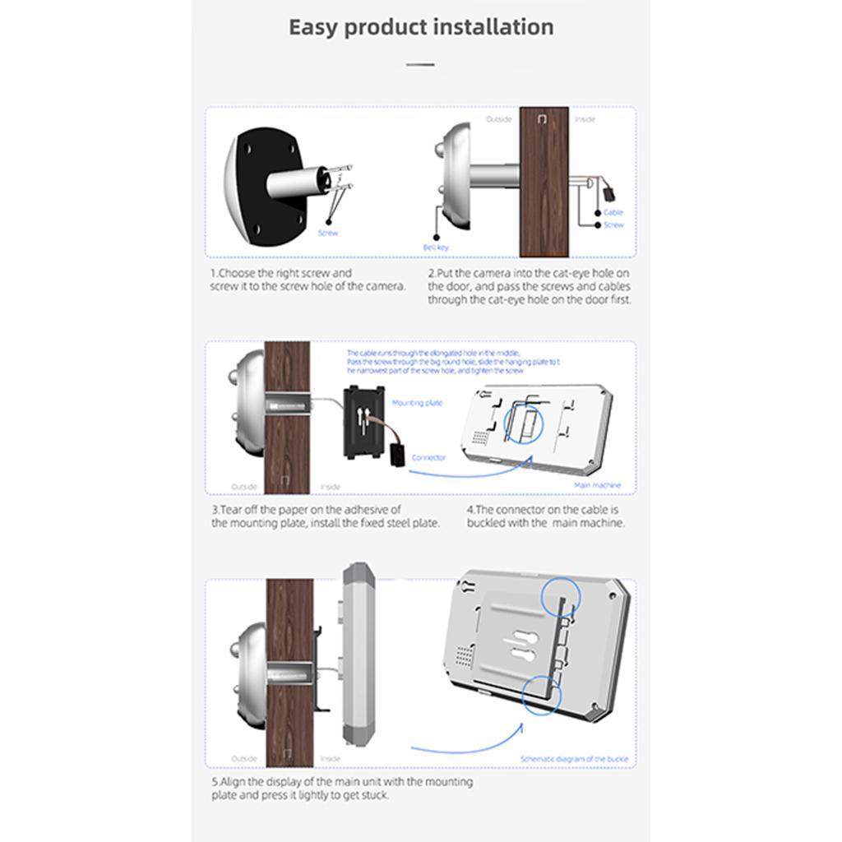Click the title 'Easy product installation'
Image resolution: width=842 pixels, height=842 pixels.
click(x=420, y=27)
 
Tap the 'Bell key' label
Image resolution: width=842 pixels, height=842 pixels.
click(x=435, y=247)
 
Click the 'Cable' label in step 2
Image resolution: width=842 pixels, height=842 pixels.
click(x=613, y=212)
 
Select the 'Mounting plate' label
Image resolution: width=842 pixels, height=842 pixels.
click(x=417, y=403)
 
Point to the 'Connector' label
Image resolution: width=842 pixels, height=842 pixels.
click(x=428, y=457)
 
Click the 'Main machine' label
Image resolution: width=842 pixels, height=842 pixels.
click(x=597, y=485)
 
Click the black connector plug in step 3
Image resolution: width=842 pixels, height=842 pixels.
click(x=397, y=453)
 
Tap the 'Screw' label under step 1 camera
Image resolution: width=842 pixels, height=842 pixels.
click(x=327, y=233)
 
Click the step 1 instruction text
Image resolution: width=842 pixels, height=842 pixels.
click(x=307, y=280)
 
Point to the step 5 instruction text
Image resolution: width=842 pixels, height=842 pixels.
click(x=341, y=789)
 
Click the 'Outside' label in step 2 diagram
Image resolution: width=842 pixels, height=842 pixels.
click(x=498, y=119)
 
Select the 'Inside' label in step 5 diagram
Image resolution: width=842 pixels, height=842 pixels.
click(x=331, y=758)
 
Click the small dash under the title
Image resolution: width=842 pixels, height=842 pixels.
click(x=420, y=63)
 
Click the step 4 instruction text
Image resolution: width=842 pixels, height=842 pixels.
click(x=545, y=516)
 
